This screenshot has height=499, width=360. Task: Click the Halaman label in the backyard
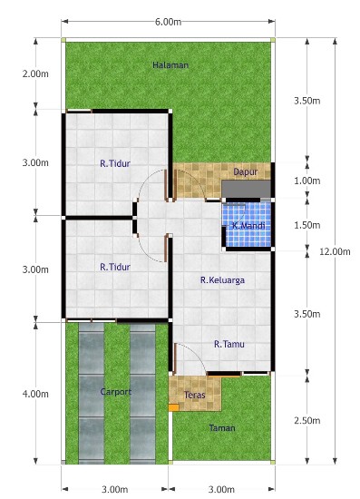pyautogui.click(x=170, y=65)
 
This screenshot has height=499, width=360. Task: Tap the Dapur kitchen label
pyautogui.click(x=245, y=172)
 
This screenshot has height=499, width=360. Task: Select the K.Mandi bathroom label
pyautogui.click(x=248, y=226)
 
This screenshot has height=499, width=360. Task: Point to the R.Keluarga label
pyautogui.click(x=222, y=280)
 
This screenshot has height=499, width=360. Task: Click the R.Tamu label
pyautogui.click(x=229, y=344)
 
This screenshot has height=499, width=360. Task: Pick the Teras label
pyautogui.click(x=195, y=396)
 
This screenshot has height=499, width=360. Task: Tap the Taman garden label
pyautogui.click(x=222, y=428)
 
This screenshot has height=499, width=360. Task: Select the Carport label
pyautogui.click(x=116, y=392)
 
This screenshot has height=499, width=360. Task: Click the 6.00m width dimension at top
pyautogui.click(x=169, y=22)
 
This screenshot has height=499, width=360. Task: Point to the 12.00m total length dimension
pyautogui.click(x=335, y=251)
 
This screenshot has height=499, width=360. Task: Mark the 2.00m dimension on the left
pyautogui.click(x=35, y=73)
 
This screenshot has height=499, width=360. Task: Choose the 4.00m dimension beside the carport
pyautogui.click(x=35, y=394)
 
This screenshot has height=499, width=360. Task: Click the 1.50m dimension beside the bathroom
pyautogui.click(x=307, y=225)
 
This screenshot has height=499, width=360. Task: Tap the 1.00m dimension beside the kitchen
pyautogui.click(x=307, y=181)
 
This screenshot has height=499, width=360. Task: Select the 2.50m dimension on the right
pyautogui.click(x=307, y=421)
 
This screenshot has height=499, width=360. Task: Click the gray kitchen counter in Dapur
pyautogui.click(x=246, y=189)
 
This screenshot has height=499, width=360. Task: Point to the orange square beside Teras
pyautogui.click(x=173, y=407)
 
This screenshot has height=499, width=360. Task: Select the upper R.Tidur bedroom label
pyautogui.click(x=115, y=163)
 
